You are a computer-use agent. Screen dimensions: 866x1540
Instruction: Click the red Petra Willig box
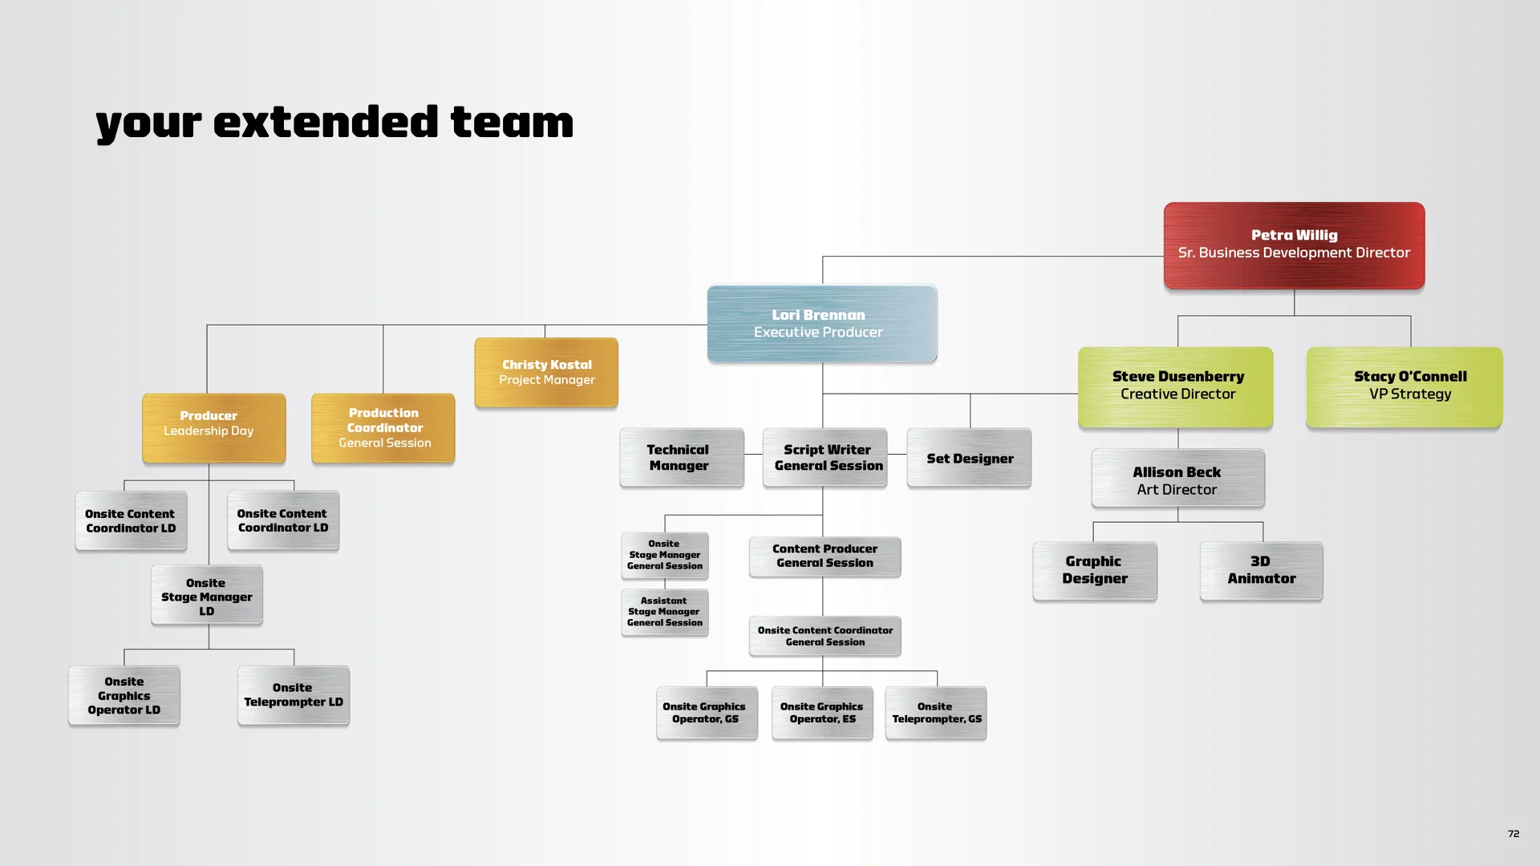point(1294,245)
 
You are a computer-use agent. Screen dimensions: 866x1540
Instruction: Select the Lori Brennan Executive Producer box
point(821,323)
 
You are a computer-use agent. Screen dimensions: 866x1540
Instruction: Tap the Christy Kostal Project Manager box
point(546,372)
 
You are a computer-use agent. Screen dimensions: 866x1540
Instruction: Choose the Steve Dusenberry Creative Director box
point(1176,386)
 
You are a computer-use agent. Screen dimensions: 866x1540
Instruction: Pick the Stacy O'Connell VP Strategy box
point(1404,386)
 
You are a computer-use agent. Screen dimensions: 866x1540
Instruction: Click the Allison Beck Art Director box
point(1177,479)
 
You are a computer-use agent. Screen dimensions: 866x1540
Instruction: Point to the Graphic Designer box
point(1095,570)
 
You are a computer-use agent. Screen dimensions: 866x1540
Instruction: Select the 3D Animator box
point(1261,570)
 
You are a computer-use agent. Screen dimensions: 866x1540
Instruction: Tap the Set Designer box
point(969,458)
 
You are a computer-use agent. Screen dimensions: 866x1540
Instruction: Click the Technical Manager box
point(682,458)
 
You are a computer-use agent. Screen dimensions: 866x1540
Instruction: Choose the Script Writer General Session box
point(825,458)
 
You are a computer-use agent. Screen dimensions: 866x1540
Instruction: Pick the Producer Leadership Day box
point(213,427)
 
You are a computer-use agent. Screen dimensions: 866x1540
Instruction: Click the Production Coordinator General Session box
point(383,427)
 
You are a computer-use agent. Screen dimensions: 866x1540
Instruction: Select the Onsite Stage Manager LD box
point(207,596)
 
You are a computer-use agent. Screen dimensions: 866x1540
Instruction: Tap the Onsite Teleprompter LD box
point(294,695)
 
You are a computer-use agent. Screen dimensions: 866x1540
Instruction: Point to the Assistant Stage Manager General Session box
point(665,612)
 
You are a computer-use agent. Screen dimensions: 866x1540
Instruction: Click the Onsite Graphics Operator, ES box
point(822,713)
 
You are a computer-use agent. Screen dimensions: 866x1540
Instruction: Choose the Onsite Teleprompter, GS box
point(936,713)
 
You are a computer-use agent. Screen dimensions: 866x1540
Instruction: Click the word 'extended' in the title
point(326,123)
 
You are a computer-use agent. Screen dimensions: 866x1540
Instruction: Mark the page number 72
point(1514,834)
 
